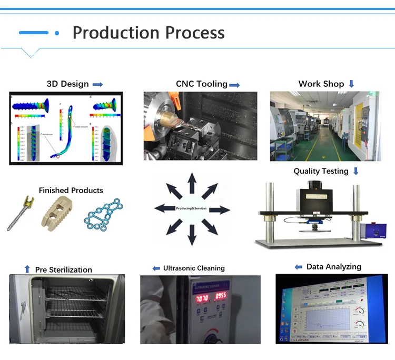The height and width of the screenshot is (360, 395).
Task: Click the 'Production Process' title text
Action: point(149,33)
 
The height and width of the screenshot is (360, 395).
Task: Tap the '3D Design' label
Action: point(67,84)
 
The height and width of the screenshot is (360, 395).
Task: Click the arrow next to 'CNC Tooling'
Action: point(234,84)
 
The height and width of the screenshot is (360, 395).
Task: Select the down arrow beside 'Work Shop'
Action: point(351,84)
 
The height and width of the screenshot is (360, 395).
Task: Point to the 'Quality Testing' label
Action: point(321,171)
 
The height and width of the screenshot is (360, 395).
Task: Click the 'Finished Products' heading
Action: point(71,190)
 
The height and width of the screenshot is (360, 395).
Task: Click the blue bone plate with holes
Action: point(104,216)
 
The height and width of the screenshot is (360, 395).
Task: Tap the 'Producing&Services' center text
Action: point(192,209)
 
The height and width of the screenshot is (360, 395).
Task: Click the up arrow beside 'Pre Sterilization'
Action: point(27,269)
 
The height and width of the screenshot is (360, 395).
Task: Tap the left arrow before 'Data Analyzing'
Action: point(299,267)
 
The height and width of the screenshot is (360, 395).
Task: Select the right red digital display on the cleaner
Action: point(220,296)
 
